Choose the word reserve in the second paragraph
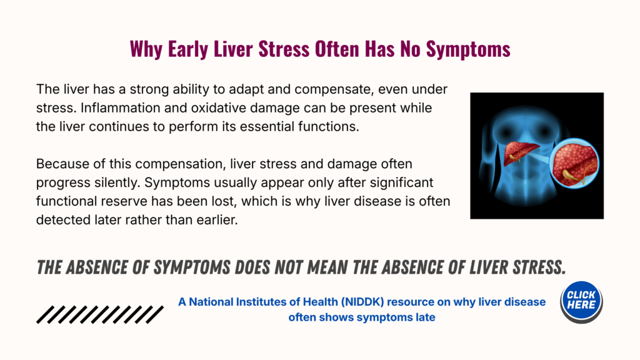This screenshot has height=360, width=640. (127, 201)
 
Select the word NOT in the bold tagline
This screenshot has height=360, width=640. (287, 267)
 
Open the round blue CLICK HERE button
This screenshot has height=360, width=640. (581, 302)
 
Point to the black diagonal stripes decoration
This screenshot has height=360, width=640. (100, 315)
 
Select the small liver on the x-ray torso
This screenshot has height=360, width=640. (521, 152)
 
